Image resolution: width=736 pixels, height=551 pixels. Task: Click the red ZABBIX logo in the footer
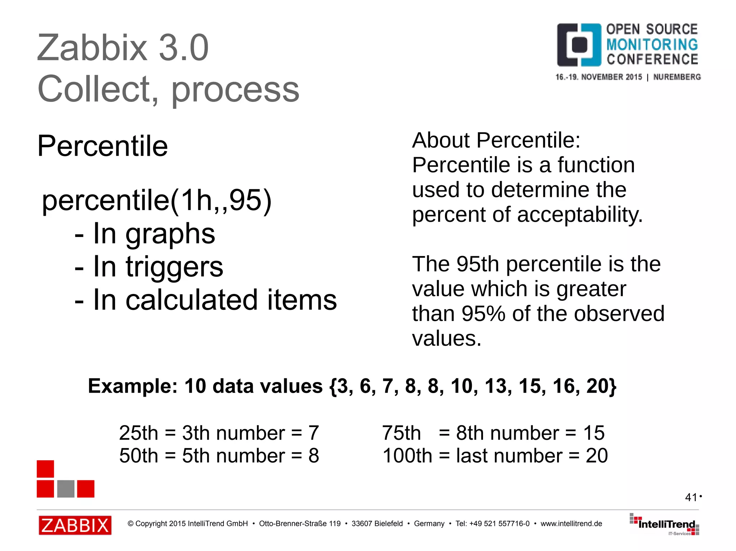pyautogui.click(x=75, y=525)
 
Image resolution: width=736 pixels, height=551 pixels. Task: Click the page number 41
pyautogui.click(x=691, y=497)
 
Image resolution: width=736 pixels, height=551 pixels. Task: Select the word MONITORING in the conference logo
pyautogui.click(x=652, y=45)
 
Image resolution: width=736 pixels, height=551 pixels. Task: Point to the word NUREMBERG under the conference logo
pyautogui.click(x=677, y=77)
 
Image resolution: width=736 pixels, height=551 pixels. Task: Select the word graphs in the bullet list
pyautogui.click(x=170, y=234)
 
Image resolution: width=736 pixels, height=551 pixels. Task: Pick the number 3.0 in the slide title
pyautogui.click(x=184, y=48)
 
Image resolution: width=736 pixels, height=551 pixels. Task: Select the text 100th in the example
pyautogui.click(x=407, y=456)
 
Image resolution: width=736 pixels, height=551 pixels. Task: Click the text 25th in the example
pyautogui.click(x=138, y=433)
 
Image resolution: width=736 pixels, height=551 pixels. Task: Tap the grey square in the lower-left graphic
pyautogui.click(x=66, y=489)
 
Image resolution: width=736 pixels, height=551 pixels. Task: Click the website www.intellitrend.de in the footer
pyautogui.click(x=571, y=524)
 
